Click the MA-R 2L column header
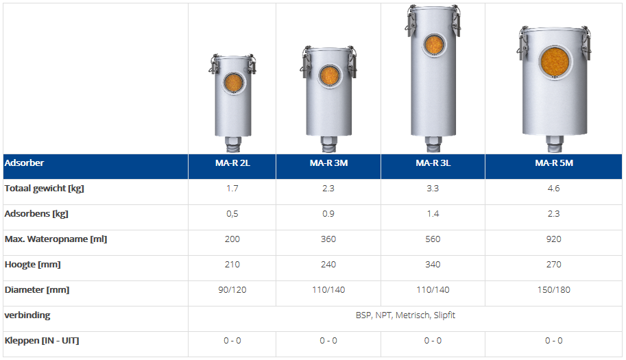pyautogui.click(x=232, y=163)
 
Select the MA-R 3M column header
pyautogui.click(x=328, y=163)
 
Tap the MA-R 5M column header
pyautogui.click(x=554, y=163)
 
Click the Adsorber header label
pyautogui.click(x=24, y=163)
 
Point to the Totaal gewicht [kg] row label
pyautogui.click(x=45, y=189)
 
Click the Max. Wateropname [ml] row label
pyautogui.click(x=56, y=239)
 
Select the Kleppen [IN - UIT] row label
pyautogui.click(x=42, y=340)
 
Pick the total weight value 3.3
pyautogui.click(x=433, y=189)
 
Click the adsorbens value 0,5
pyautogui.click(x=232, y=214)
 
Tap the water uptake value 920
pyautogui.click(x=554, y=239)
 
